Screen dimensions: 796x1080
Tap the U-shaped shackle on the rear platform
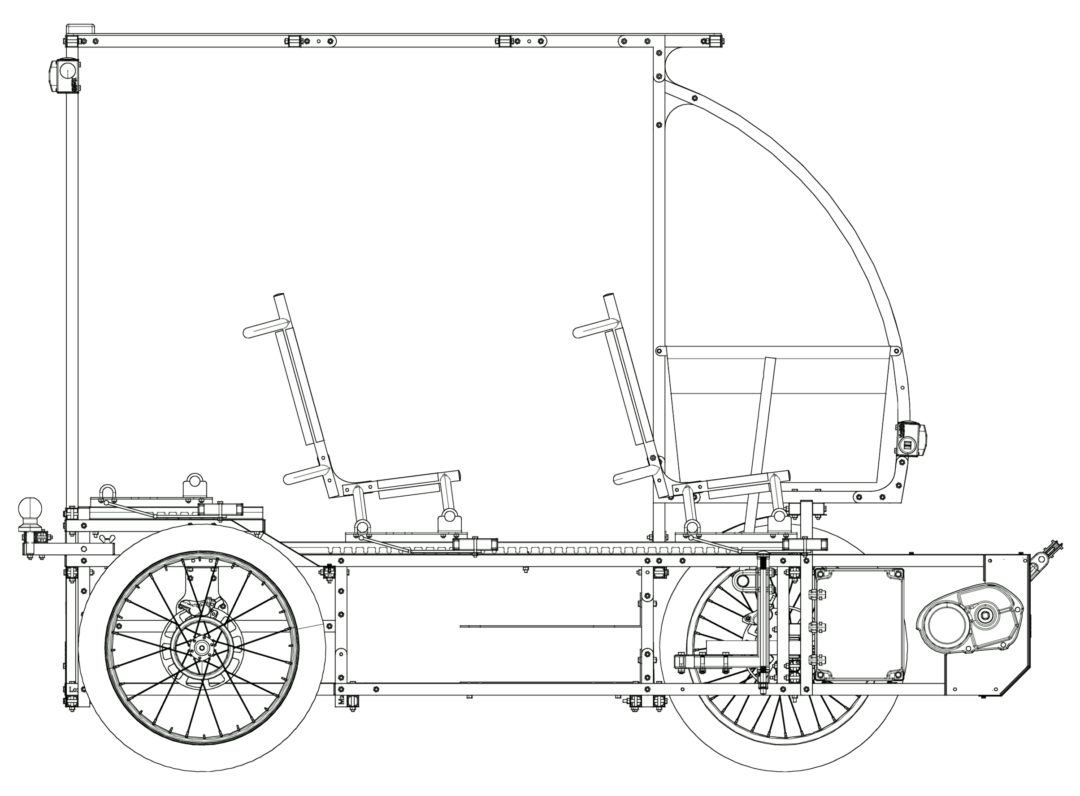click(107, 494)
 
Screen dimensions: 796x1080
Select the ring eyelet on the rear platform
click(195, 481)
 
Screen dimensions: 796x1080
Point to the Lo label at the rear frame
click(73, 689)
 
